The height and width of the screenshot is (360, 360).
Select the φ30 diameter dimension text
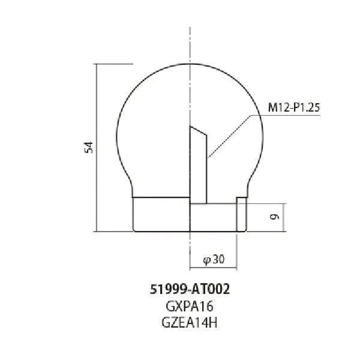(x=214, y=260)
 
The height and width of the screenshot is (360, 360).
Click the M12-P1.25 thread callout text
(x=293, y=108)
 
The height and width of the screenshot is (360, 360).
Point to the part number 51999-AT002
(x=190, y=288)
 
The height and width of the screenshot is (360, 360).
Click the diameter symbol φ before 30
(x=206, y=260)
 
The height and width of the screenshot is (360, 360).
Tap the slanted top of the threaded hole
(x=199, y=130)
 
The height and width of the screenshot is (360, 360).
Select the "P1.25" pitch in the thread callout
(x=307, y=108)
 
